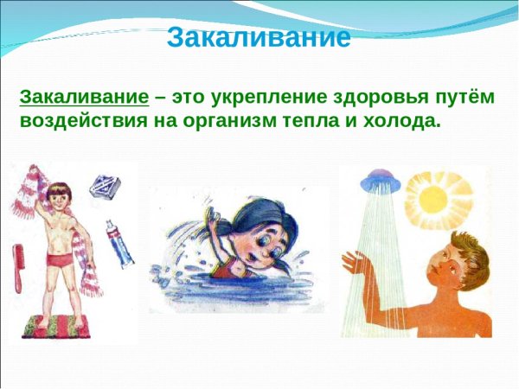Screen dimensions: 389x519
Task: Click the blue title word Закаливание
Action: tap(259, 37)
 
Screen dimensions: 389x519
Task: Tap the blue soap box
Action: tap(105, 184)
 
